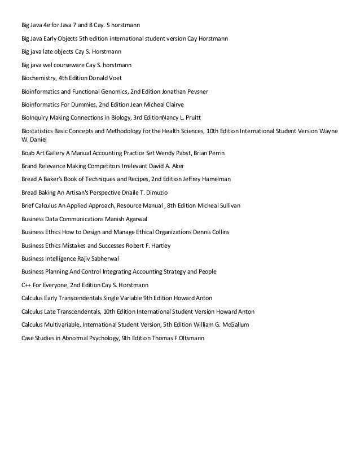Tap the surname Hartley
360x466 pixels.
[x=159, y=245]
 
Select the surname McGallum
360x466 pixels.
[x=232, y=325]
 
